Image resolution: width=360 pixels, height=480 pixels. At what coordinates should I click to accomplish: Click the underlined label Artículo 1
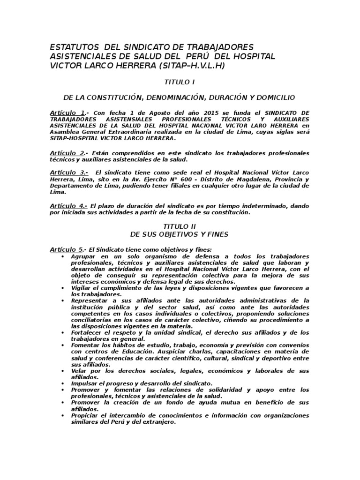(67, 113)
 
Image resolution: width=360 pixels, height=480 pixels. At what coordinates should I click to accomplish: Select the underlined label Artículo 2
(67, 153)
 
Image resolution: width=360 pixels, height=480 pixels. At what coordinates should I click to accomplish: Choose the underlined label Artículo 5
(67, 249)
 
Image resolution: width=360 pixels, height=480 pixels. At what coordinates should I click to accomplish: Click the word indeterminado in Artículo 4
(267, 206)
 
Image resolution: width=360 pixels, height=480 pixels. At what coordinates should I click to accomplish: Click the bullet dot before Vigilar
(63, 288)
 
